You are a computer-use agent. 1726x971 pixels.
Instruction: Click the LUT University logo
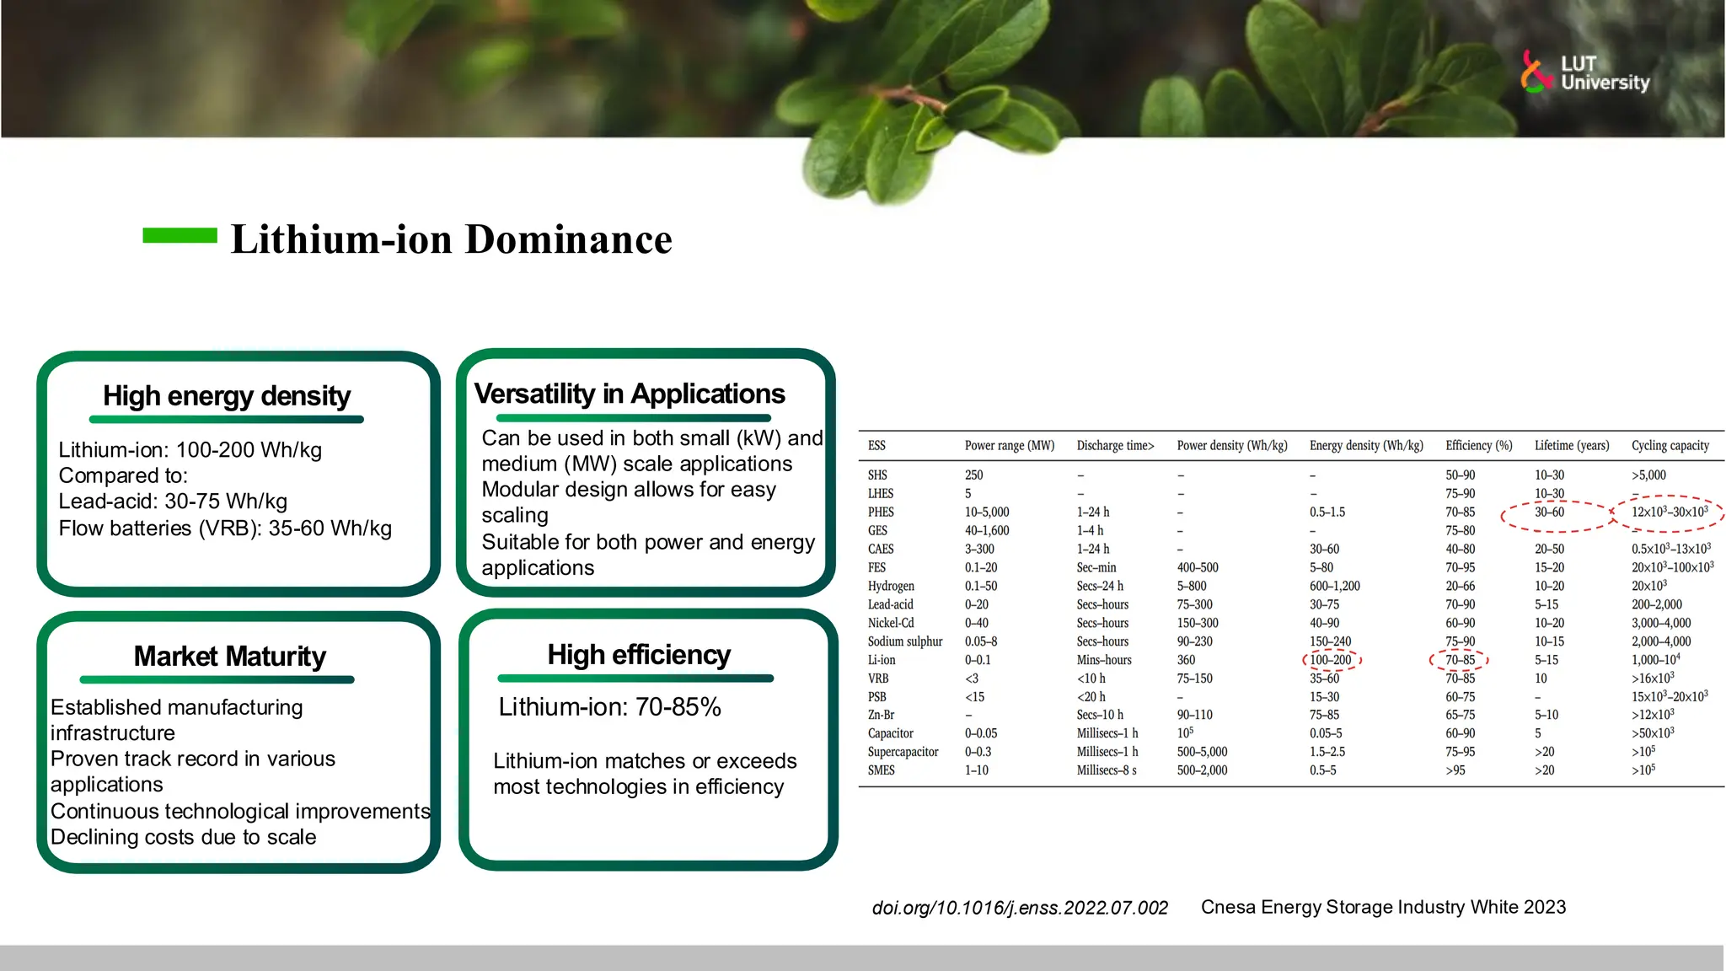[1584, 72]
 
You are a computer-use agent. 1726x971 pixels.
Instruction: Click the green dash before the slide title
[180, 236]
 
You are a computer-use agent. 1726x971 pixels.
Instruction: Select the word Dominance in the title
[569, 239]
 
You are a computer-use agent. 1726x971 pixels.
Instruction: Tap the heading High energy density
[227, 396]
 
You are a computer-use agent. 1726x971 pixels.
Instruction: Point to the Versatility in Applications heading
[630, 394]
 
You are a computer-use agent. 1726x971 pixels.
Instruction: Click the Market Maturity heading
[229, 656]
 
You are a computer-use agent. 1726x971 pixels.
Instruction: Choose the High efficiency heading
[639, 655]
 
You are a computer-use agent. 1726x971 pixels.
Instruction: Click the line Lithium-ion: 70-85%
[609, 706]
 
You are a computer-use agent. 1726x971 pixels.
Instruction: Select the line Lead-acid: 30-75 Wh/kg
[173, 502]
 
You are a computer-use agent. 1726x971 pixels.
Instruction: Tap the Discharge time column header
[1115, 445]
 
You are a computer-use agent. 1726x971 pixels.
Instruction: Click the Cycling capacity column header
[1670, 445]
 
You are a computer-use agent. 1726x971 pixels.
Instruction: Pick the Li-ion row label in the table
[882, 660]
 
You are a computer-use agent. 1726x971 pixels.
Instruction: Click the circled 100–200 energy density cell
[1331, 660]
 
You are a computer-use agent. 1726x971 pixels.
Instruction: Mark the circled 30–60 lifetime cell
[1549, 512]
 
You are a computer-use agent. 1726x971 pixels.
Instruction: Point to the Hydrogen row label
[891, 586]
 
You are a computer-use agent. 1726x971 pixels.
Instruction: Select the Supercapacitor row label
[903, 752]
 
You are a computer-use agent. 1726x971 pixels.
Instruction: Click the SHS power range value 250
[973, 475]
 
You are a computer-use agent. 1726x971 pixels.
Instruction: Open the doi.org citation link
[1020, 908]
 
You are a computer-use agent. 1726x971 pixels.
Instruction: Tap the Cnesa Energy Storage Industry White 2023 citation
[1383, 907]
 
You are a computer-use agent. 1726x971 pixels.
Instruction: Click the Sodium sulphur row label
[905, 641]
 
